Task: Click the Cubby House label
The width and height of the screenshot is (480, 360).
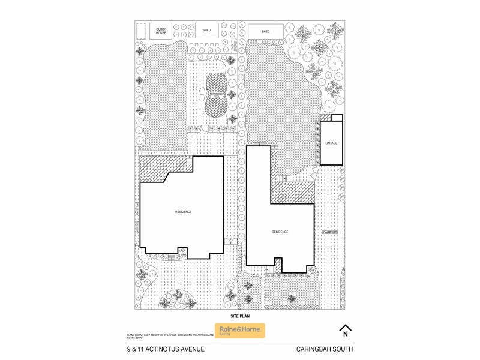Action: coord(161,30)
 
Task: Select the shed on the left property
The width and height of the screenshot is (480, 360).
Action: coord(206,29)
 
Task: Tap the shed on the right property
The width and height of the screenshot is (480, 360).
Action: coord(265,31)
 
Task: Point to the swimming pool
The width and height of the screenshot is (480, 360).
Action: coord(217,95)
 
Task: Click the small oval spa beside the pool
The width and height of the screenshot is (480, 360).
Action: coord(202,96)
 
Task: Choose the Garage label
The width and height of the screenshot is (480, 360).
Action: coord(331,143)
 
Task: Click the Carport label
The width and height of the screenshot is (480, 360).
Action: coord(329,232)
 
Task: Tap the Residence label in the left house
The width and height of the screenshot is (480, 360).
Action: coord(183,211)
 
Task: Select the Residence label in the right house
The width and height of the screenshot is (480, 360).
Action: coord(280,232)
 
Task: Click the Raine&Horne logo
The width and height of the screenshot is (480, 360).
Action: coord(239,331)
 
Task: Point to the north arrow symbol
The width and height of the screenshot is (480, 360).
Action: coord(345,331)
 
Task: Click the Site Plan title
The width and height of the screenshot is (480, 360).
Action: coord(239,315)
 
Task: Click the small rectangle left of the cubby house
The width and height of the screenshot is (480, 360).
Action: coord(142,31)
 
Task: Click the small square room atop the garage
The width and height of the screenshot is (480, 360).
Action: coord(337,118)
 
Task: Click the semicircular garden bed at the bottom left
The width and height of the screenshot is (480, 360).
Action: coord(178,299)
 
